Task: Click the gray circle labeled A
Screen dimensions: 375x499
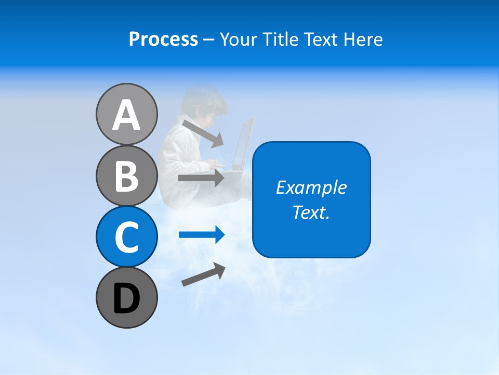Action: coord(126,114)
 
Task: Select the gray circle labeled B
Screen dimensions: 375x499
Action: coord(126,176)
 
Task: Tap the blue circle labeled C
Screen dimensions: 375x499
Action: coord(126,236)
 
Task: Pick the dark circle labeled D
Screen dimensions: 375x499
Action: coord(126,297)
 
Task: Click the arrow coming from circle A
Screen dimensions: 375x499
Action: coord(203,133)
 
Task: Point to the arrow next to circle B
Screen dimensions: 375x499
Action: coord(201,178)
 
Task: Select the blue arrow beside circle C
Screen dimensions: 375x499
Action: coord(201,235)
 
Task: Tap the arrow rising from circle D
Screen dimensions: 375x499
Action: coord(203,274)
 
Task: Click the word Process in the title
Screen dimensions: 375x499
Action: coord(163,40)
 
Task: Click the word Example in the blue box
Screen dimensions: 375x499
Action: coord(311,187)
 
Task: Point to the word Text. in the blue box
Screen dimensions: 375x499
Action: coord(311,212)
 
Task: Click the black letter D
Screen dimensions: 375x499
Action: coord(126,298)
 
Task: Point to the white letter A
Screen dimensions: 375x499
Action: coord(126,115)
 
